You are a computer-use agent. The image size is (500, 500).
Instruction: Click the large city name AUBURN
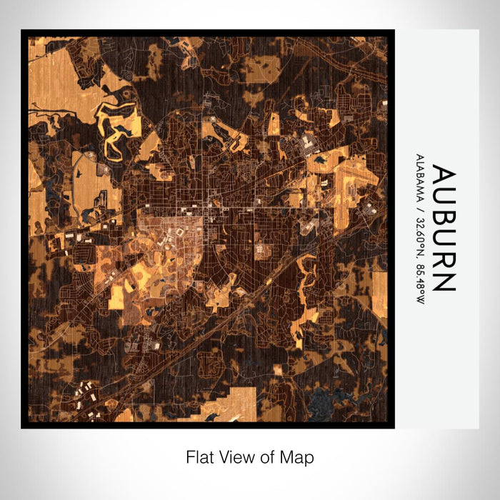pos(442,229)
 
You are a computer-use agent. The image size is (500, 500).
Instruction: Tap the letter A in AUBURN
pos(442,176)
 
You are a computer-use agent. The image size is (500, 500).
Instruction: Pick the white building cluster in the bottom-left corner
pos(86,393)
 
